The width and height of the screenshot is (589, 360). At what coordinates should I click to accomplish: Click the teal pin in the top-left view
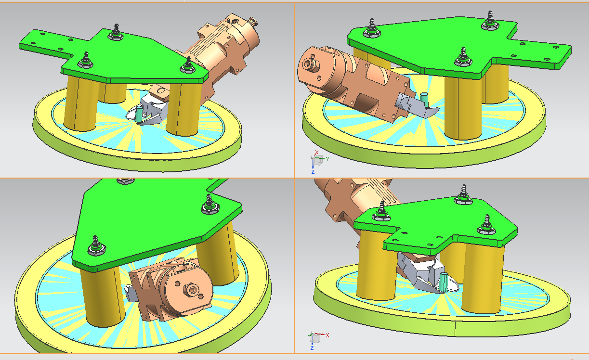[x=139, y=114]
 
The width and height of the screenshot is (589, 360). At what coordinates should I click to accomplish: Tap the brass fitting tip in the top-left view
[x=253, y=21]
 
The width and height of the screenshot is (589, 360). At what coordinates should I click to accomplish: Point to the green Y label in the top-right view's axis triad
[x=327, y=159]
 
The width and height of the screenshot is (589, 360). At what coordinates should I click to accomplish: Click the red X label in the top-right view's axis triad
[x=316, y=153]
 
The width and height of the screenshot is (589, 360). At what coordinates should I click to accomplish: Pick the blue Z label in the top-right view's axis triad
[x=313, y=172]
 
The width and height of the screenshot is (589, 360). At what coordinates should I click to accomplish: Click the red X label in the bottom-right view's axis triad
[x=327, y=335]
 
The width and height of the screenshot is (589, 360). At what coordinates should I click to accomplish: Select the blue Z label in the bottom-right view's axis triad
[x=312, y=348]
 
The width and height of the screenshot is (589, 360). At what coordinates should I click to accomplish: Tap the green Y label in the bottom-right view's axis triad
[x=309, y=336]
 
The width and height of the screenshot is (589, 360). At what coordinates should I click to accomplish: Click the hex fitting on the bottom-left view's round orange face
[x=191, y=290]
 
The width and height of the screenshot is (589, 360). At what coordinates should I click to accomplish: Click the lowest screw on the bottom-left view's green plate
[x=96, y=245]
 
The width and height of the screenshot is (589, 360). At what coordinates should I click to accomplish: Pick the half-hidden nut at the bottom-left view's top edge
[x=125, y=181]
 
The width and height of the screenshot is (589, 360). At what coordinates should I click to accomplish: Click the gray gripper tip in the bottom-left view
[x=130, y=293]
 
